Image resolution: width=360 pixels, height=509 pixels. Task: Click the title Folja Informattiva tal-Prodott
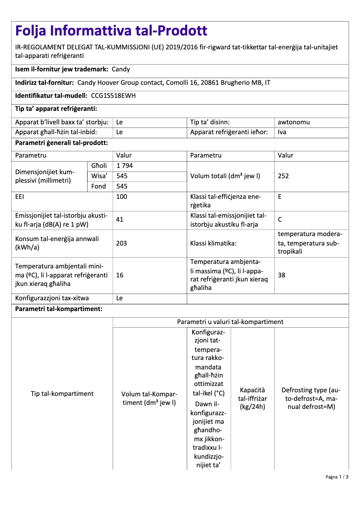[111, 31]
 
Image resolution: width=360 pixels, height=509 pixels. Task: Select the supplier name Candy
[121, 69]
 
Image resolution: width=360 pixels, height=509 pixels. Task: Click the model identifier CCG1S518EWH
[113, 96]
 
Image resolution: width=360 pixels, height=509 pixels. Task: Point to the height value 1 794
[124, 166]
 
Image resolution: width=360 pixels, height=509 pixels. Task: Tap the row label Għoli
[99, 166]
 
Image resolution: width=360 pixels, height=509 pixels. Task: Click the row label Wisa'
[99, 176]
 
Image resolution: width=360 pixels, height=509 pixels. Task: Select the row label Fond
[99, 186]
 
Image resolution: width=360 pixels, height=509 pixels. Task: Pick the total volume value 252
[283, 176]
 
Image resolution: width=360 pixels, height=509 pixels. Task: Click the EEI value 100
[122, 197]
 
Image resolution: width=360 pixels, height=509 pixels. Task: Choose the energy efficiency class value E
[280, 197]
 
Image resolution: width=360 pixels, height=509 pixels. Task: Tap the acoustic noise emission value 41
[120, 219]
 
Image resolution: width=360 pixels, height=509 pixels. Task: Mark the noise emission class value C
[280, 219]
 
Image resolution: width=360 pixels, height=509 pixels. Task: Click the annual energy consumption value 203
[122, 243]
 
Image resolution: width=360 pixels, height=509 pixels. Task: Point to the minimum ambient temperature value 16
[120, 275]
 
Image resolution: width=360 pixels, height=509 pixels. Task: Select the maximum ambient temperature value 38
[281, 275]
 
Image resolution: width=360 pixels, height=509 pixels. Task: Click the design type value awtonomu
[294, 122]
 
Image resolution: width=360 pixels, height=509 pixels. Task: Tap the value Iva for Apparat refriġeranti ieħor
[282, 132]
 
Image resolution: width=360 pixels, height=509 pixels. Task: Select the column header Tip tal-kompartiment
[62, 394]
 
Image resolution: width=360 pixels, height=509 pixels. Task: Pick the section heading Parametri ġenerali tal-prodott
[61, 143]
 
